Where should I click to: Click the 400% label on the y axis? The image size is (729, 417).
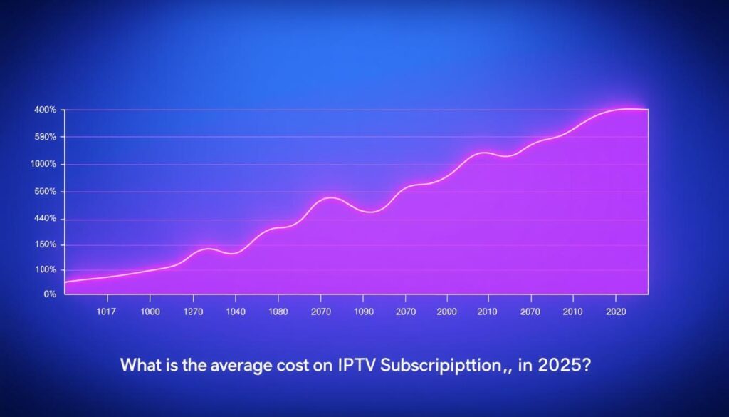point(45,110)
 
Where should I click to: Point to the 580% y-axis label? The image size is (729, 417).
point(45,137)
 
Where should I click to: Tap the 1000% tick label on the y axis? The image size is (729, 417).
point(44,165)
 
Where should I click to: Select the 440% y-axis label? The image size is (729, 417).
point(45,219)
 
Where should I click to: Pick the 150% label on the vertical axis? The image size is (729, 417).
point(45,245)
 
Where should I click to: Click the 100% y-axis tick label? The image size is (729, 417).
point(45,270)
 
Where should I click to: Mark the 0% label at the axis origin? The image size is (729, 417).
point(49,294)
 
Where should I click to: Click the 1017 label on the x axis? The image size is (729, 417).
point(106,312)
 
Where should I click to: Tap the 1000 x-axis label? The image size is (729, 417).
point(150,312)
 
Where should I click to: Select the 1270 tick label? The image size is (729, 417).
point(193,312)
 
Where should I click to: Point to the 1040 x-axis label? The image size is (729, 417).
point(235,312)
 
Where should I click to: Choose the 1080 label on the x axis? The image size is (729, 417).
point(278,312)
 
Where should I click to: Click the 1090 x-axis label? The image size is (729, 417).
point(363,312)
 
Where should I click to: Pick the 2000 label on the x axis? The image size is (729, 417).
point(447,312)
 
